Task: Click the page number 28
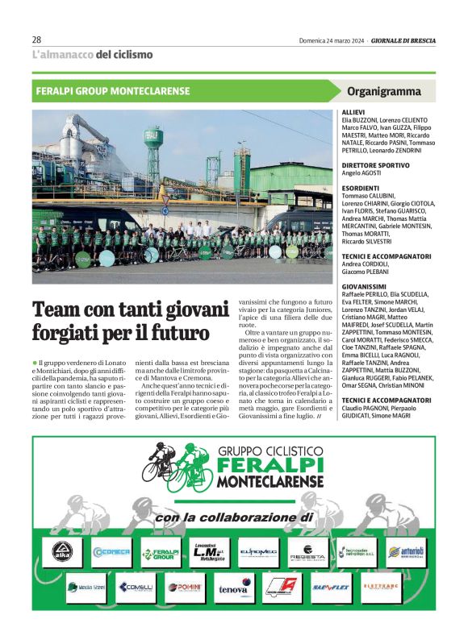[x=37, y=39]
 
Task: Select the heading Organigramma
[x=383, y=91]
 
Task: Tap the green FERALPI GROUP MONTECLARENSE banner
[x=113, y=91]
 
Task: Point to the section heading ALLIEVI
[x=353, y=112]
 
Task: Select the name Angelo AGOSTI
[x=362, y=173]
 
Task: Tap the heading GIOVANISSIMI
[x=365, y=286]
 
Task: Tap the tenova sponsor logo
[x=233, y=588]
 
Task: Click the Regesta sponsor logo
[x=307, y=553]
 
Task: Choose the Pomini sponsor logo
[x=185, y=588]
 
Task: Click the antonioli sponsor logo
[x=405, y=552]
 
